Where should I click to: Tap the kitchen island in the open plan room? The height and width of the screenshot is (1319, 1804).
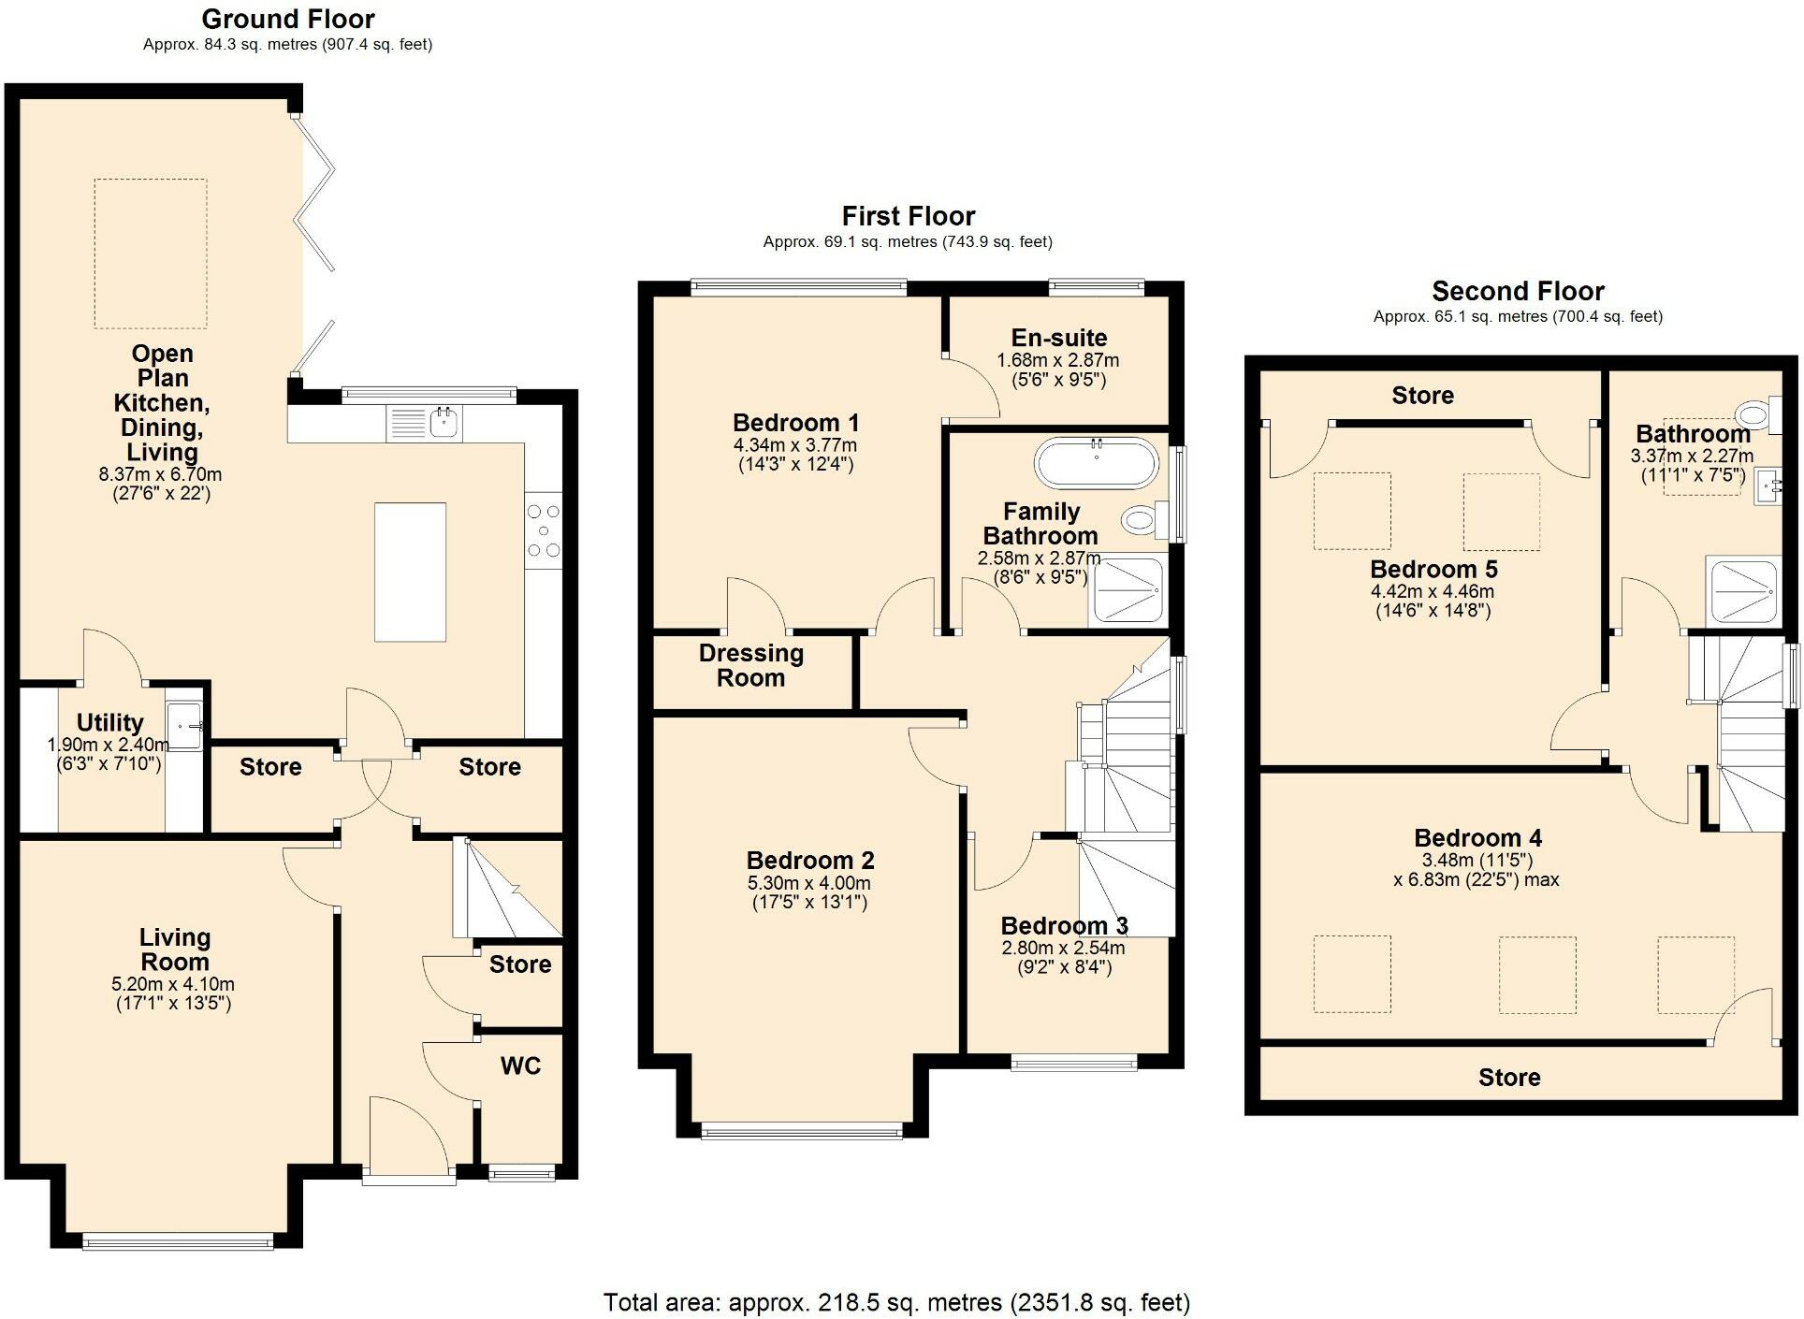coord(410,572)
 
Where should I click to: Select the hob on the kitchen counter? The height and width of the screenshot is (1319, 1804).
coord(544,531)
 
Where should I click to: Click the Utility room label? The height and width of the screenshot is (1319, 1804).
coord(109,722)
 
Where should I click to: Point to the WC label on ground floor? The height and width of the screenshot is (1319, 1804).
coord(520,1066)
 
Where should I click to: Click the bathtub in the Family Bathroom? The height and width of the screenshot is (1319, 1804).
coord(1096,462)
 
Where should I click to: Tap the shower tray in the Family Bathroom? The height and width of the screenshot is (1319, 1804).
coord(1127,590)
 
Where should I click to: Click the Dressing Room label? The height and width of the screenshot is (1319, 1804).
coord(750,665)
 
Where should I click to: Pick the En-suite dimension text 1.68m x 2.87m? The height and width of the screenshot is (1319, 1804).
coord(1057,360)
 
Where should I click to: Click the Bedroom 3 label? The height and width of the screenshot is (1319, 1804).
coord(1064,926)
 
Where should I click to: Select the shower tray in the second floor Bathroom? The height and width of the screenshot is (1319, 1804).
coord(1741,591)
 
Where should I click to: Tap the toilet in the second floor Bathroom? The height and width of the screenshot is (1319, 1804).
coord(1755,413)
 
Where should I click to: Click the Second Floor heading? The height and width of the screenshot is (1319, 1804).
coord(1518,291)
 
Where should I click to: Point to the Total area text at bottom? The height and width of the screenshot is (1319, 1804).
coord(896,1302)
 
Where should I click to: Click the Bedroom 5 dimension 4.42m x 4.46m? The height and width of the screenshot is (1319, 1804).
coord(1433,591)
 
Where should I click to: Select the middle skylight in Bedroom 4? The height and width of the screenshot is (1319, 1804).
coord(1536,975)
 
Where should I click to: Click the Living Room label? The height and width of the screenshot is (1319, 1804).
coord(174,949)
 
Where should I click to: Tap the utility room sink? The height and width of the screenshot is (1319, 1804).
coord(184,726)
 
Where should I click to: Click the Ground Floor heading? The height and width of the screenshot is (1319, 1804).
coord(288,19)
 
